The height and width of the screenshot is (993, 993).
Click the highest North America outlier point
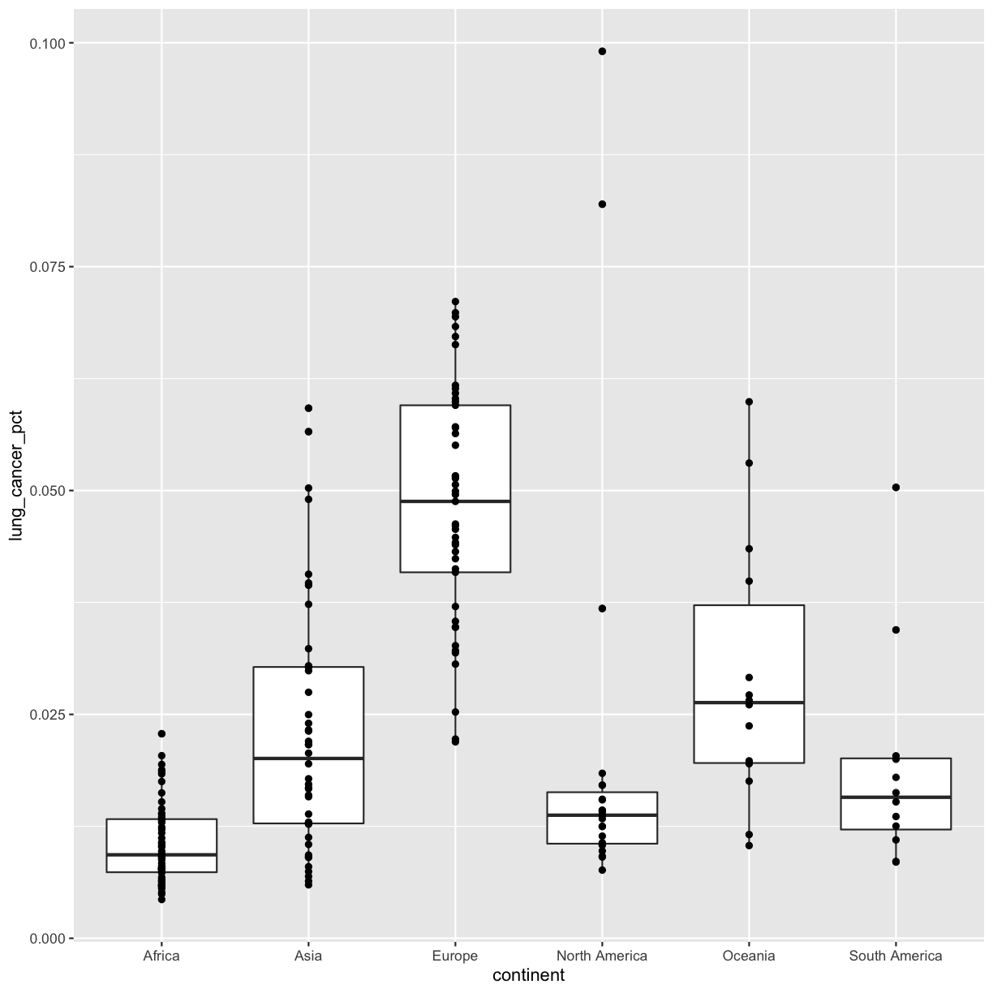click(602, 51)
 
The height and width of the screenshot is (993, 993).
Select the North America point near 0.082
click(602, 204)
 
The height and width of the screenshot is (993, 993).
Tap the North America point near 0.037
click(602, 608)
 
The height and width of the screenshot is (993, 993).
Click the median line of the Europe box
click(455, 501)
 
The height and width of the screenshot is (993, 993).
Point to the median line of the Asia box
click(308, 758)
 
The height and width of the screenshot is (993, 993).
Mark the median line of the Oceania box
click(749, 703)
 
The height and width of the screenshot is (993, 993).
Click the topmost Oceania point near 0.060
click(749, 402)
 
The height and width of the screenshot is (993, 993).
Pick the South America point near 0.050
click(896, 488)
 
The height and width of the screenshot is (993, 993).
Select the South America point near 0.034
click(896, 630)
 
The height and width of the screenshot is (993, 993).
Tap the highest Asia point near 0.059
click(308, 408)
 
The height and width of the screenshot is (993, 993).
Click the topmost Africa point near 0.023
click(161, 733)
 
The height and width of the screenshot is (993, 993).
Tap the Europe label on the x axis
click(455, 956)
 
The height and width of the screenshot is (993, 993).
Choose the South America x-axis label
click(896, 956)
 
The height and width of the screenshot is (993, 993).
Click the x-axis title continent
click(528, 976)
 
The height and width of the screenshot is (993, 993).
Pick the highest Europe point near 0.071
click(455, 302)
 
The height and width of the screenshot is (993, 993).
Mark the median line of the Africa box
click(161, 854)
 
